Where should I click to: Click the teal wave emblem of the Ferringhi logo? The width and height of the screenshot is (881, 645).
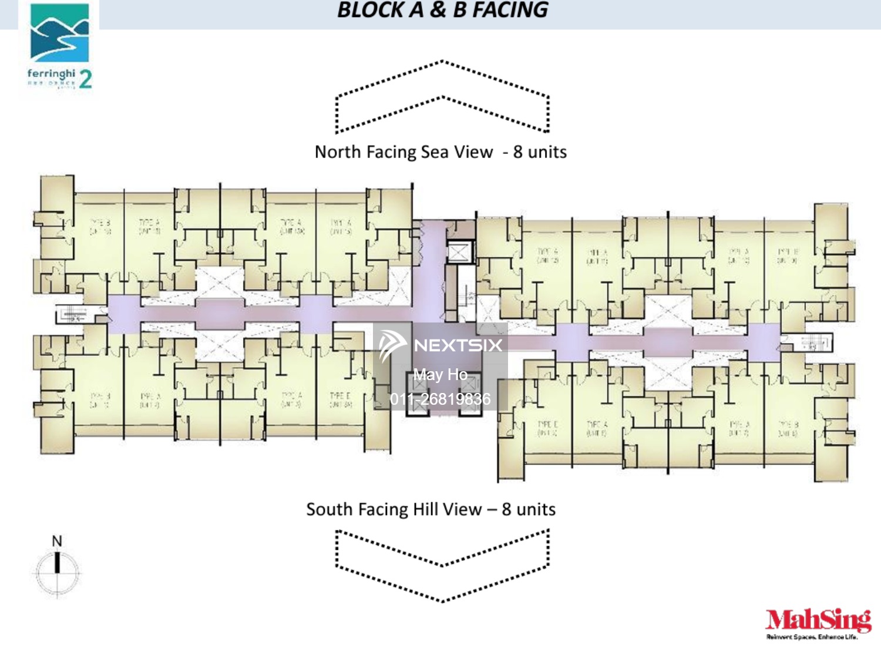pyautogui.click(x=59, y=33)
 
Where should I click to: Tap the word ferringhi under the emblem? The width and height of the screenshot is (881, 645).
pyautogui.click(x=51, y=73)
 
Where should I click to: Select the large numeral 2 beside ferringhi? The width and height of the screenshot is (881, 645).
pyautogui.click(x=86, y=79)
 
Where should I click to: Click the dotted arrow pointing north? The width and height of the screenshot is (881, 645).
pyautogui.click(x=442, y=97)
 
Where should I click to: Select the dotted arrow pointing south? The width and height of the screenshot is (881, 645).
pyautogui.click(x=442, y=566)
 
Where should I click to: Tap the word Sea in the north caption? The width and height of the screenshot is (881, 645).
pyautogui.click(x=435, y=152)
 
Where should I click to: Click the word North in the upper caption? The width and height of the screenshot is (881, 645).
pyautogui.click(x=338, y=152)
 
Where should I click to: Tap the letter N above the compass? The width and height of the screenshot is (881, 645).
pyautogui.click(x=57, y=541)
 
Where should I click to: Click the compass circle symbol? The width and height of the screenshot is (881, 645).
pyautogui.click(x=57, y=572)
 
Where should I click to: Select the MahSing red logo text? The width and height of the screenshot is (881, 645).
pyautogui.click(x=818, y=620)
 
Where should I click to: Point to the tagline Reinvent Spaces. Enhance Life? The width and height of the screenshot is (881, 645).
pyautogui.click(x=812, y=637)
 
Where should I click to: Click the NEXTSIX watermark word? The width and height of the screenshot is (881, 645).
pyautogui.click(x=458, y=345)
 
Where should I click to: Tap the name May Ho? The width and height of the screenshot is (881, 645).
pyautogui.click(x=441, y=375)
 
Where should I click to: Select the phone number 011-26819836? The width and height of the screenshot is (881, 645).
pyautogui.click(x=441, y=399)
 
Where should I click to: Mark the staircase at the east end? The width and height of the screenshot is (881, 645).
pyautogui.click(x=813, y=342)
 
